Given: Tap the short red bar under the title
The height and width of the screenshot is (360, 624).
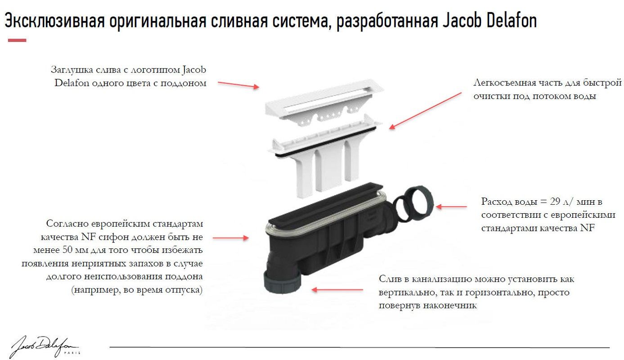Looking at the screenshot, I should click(x=17, y=40).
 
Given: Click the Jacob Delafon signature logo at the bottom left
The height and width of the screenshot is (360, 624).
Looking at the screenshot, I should click(x=43, y=345).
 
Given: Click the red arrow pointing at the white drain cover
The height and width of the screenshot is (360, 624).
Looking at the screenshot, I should click(x=238, y=85).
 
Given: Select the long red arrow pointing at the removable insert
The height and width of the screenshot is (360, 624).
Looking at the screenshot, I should click(x=425, y=111).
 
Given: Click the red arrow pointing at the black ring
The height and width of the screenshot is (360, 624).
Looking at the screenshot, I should click(x=451, y=207).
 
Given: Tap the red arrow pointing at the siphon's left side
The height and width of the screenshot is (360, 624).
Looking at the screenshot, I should click(x=230, y=237).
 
